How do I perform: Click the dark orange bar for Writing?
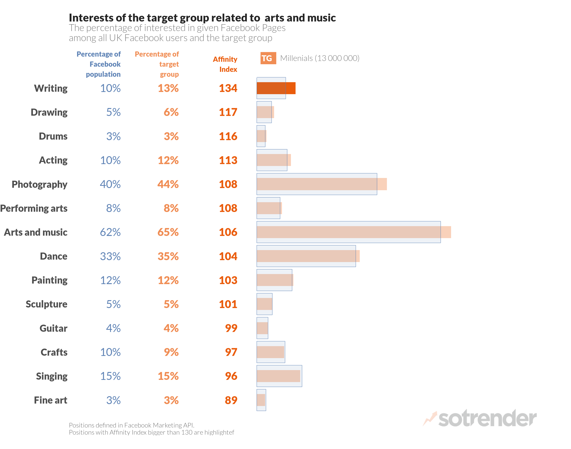point(276,88)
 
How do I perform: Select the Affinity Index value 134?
point(228,88)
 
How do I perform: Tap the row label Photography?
point(39,184)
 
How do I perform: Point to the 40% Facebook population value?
point(110,184)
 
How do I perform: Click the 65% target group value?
point(168,232)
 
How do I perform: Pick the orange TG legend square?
point(268,58)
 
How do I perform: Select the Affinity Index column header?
point(225,64)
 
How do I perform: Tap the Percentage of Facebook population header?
point(99,64)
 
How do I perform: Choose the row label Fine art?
point(51,400)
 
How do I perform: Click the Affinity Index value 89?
point(231,400)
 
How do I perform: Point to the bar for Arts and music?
point(353,232)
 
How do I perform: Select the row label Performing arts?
point(34,208)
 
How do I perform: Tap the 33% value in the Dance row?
point(110,256)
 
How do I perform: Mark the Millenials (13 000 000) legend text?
point(320,58)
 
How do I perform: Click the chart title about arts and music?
point(202,18)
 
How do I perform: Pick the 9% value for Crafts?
point(171,352)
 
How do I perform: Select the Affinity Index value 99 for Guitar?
point(231,328)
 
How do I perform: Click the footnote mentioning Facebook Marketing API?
point(132,425)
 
